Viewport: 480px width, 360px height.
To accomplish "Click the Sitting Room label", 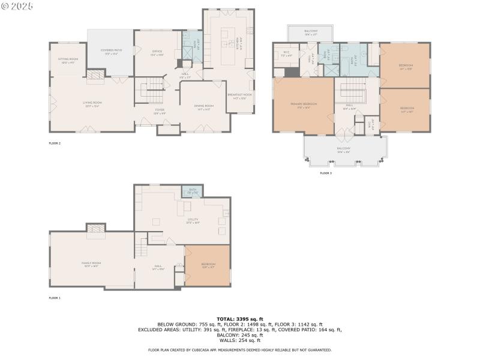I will point(67,60).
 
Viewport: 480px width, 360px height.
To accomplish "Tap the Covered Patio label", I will point(110,52).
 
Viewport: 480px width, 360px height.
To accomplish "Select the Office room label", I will point(157,53).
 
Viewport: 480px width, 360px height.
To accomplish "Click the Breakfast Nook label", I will point(239,96).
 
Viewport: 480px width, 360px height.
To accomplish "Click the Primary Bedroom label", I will point(304,105).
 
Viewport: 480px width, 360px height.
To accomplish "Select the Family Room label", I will point(91,264).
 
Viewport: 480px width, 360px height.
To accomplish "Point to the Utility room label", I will point(193,220).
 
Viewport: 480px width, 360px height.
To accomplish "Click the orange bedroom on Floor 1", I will point(207,265).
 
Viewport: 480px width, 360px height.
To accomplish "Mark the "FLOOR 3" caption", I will point(325,173).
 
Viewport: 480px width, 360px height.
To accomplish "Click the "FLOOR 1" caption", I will point(55,298).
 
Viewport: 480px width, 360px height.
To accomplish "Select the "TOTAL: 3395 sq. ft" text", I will point(239,319).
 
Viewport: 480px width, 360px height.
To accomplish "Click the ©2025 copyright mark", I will point(17,6).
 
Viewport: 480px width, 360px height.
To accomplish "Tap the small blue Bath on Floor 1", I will point(193,191).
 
